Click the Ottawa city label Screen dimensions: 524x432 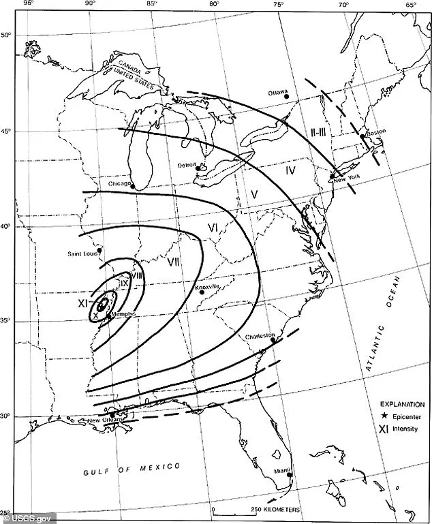point(277,92)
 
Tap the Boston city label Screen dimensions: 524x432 point(376,134)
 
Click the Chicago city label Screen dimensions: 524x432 point(120,184)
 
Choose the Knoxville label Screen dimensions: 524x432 point(207,288)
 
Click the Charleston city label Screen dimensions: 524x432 point(261,336)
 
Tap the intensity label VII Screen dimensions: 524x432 point(173,261)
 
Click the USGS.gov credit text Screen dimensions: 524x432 point(22,517)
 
